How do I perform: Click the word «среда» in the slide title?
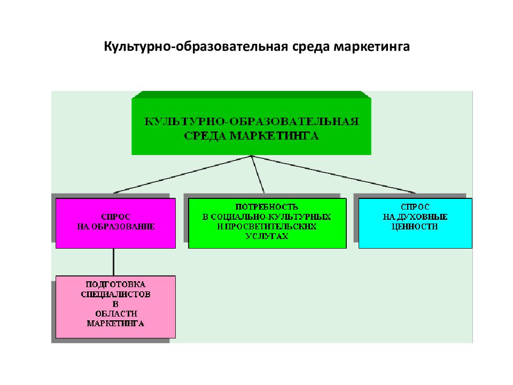[x=311, y=47]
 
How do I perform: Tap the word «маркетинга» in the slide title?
[x=372, y=47]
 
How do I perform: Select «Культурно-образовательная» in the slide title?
[x=196, y=47]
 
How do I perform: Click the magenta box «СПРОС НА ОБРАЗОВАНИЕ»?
[x=115, y=223]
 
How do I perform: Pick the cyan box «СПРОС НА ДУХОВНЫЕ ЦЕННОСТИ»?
[x=415, y=223]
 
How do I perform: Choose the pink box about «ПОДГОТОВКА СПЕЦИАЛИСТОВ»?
[x=115, y=307]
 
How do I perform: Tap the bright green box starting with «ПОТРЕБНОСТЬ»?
[x=267, y=223]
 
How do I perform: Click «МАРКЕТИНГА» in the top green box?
[x=274, y=135]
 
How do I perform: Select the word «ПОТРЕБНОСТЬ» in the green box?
[x=267, y=207]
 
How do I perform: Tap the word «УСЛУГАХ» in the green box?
[x=267, y=236]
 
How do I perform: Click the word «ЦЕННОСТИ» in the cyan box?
[x=415, y=227]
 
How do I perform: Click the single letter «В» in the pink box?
[x=115, y=304]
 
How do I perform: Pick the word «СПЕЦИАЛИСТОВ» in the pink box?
[x=115, y=294]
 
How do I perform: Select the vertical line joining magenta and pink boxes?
[x=113, y=262]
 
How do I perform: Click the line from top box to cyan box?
[x=333, y=174]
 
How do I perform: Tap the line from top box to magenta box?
[x=183, y=174]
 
